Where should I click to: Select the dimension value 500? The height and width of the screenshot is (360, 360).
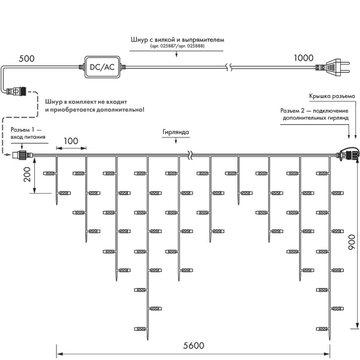(x=26, y=59)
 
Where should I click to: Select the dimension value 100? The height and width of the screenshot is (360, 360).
(x=71, y=141)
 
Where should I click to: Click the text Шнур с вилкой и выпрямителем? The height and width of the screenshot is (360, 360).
(x=177, y=40)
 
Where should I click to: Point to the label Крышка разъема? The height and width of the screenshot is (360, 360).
(x=332, y=96)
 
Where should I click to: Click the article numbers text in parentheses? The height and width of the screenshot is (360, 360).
(x=177, y=46)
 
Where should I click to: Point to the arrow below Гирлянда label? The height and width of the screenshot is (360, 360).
(x=175, y=142)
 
